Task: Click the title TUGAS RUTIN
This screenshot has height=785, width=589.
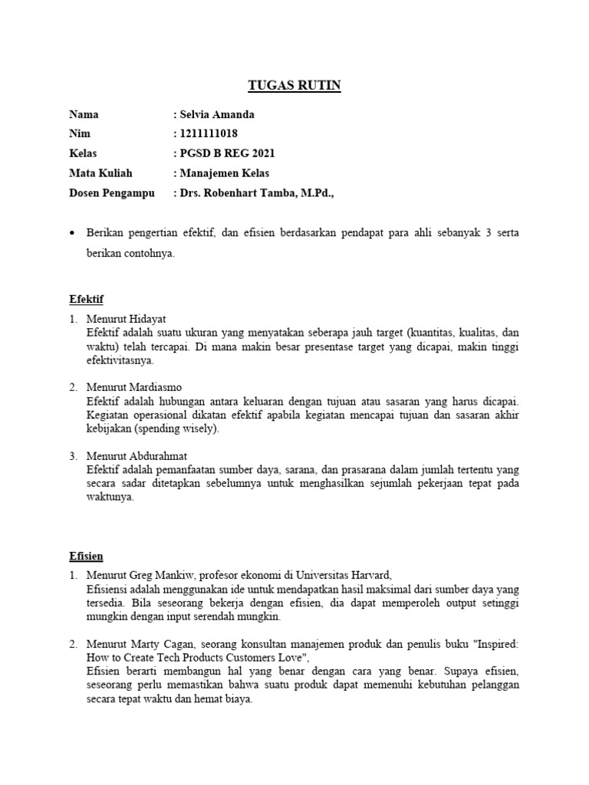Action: (295, 86)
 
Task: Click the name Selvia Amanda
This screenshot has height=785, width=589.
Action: (217, 115)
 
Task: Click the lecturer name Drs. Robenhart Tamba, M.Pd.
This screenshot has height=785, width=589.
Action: (257, 192)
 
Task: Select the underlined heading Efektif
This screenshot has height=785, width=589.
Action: (86, 298)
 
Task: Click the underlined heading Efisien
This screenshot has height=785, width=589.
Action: (86, 555)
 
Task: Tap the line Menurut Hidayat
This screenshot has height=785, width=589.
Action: (127, 318)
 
